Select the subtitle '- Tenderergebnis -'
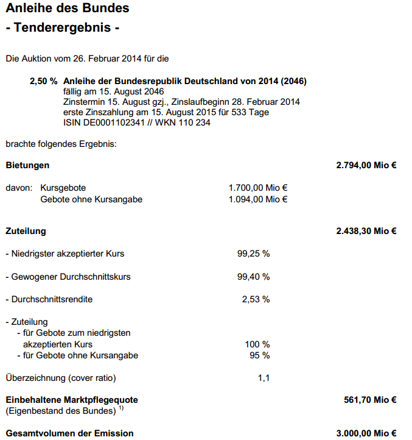62,28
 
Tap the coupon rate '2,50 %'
43,81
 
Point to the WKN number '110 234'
196,122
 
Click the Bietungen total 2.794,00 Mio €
366,165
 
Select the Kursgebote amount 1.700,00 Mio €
258,188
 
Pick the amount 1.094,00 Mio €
258,199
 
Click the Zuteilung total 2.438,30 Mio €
366,231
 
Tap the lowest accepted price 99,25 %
253,254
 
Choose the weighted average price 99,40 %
253,277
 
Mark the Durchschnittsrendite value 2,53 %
256,299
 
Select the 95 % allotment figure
260,355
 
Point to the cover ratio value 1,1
264,378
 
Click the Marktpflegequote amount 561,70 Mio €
370,400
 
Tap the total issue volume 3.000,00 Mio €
366,433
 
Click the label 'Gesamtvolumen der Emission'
69,433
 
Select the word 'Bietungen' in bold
27,165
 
